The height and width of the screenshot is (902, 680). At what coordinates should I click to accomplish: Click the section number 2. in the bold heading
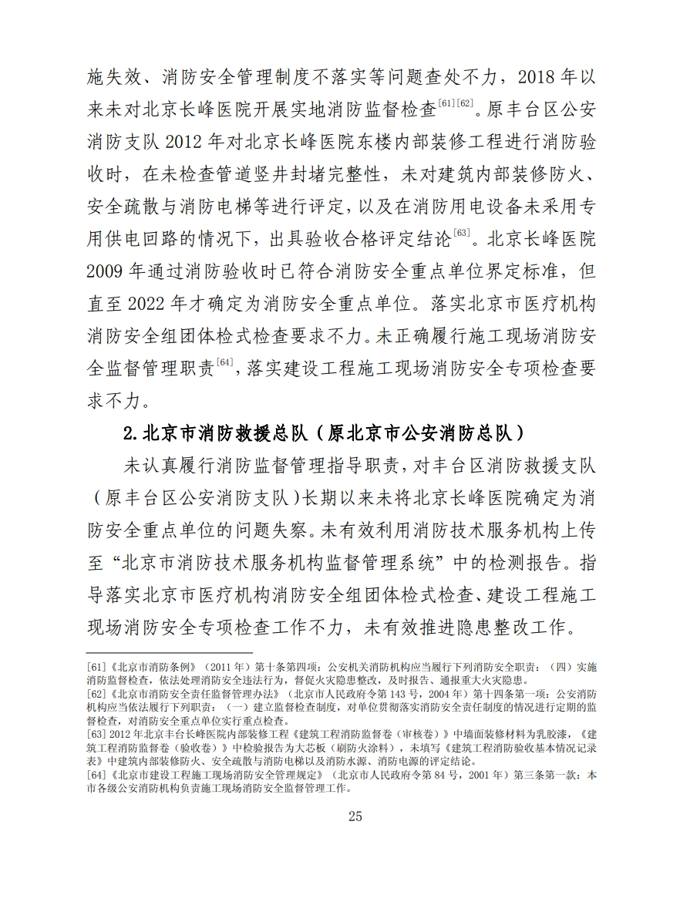(130, 432)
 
